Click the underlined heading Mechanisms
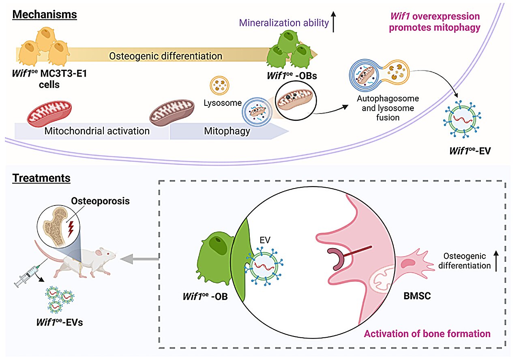click(x=45, y=15)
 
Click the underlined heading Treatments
click(x=41, y=178)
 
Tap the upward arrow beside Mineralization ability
click(x=333, y=22)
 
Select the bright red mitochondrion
click(x=49, y=114)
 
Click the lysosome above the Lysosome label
click(x=219, y=86)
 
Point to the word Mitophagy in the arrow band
click(x=227, y=131)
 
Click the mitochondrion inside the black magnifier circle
click(x=295, y=100)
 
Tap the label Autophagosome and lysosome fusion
click(x=388, y=108)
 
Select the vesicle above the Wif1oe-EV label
click(x=462, y=119)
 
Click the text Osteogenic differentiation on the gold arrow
click(x=166, y=56)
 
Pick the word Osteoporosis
click(x=100, y=201)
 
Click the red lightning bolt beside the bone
click(x=71, y=229)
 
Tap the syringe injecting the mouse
click(x=27, y=276)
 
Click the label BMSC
click(x=417, y=296)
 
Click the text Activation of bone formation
click(x=427, y=334)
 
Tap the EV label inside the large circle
click(x=265, y=240)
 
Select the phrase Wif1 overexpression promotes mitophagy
click(x=434, y=22)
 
